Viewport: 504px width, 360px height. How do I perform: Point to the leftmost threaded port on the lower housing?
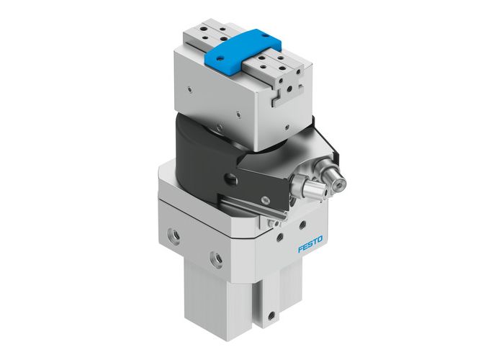click(171, 235)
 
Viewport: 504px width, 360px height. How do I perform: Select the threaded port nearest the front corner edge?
click(215, 257)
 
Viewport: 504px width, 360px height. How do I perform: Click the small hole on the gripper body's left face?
click(188, 90)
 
